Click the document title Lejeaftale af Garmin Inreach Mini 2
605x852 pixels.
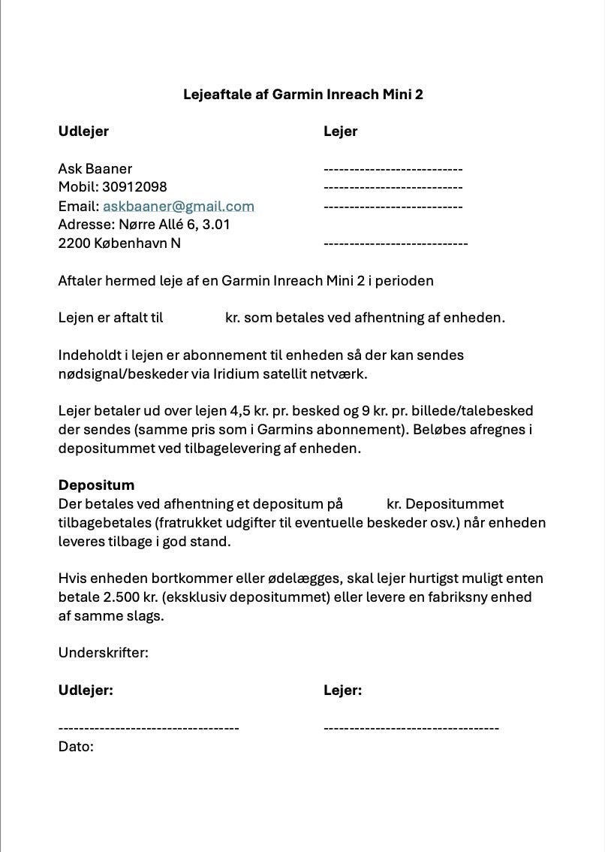(x=302, y=95)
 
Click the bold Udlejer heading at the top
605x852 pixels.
(x=83, y=131)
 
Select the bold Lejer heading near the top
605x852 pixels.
(x=340, y=131)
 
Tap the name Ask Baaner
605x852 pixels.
(x=95, y=168)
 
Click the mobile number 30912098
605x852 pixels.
(x=134, y=187)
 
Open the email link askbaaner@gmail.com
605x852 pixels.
(x=179, y=206)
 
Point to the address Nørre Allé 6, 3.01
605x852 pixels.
(x=174, y=225)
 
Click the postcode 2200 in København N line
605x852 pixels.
(x=74, y=243)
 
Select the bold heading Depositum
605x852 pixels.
(x=96, y=485)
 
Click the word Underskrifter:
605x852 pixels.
(x=103, y=653)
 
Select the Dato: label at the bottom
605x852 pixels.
(x=76, y=747)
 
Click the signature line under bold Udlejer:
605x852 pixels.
(x=149, y=727)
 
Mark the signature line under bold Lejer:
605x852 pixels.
(x=411, y=727)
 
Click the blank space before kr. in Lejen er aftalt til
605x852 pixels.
(x=193, y=318)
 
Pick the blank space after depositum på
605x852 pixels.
(x=364, y=504)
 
